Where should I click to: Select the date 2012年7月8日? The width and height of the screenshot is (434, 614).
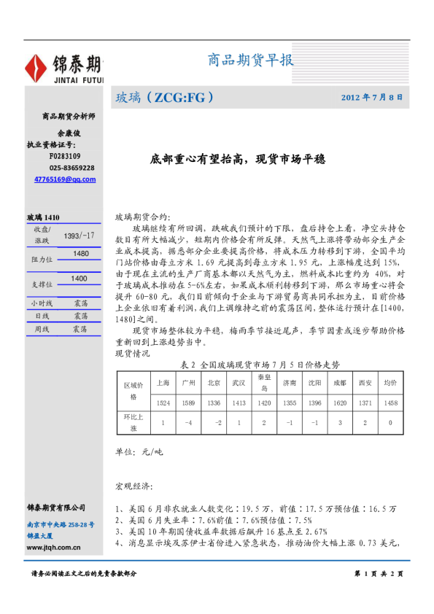pyautogui.click(x=371, y=96)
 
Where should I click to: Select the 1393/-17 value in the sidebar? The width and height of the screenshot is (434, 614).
pyautogui.click(x=79, y=236)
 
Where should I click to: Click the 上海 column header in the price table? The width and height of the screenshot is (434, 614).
pyautogui.click(x=163, y=382)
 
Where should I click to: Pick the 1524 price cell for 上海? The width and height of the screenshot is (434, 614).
pyautogui.click(x=163, y=403)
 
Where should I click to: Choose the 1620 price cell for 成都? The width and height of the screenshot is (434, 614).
pyautogui.click(x=339, y=403)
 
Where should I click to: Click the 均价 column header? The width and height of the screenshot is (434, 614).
pyautogui.click(x=390, y=382)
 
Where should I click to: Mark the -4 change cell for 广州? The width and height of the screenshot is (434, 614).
pyautogui.click(x=188, y=422)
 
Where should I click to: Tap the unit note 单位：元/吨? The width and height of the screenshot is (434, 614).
pyautogui.click(x=139, y=451)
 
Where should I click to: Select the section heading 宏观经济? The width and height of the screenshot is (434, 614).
pyautogui.click(x=134, y=485)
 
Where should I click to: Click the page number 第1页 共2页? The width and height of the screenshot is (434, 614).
pyautogui.click(x=378, y=575)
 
